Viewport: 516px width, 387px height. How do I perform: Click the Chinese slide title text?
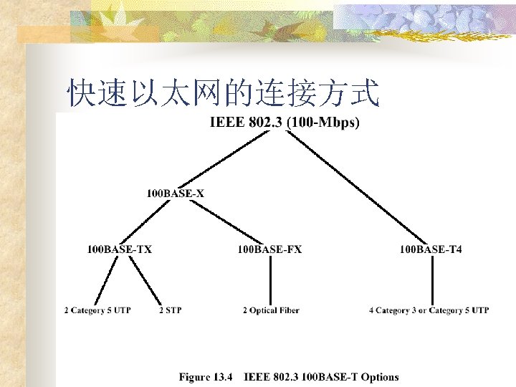(x=222, y=92)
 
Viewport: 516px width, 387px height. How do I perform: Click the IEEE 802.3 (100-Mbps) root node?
(x=285, y=123)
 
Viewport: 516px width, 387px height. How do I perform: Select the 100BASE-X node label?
(x=176, y=193)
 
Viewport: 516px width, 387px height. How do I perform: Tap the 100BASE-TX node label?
(x=120, y=249)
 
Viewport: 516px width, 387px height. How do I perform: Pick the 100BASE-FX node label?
(x=269, y=249)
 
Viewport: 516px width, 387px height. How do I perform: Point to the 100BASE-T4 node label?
(x=431, y=249)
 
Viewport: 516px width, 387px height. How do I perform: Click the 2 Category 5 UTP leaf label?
(x=97, y=310)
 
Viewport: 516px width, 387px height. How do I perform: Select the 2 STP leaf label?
(x=170, y=310)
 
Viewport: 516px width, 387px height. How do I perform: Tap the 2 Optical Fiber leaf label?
(x=270, y=310)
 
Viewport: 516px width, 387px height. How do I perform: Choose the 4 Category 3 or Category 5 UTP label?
(x=429, y=310)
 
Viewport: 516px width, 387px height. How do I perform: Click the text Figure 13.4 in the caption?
(x=206, y=376)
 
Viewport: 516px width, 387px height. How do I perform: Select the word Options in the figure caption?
(x=380, y=376)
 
